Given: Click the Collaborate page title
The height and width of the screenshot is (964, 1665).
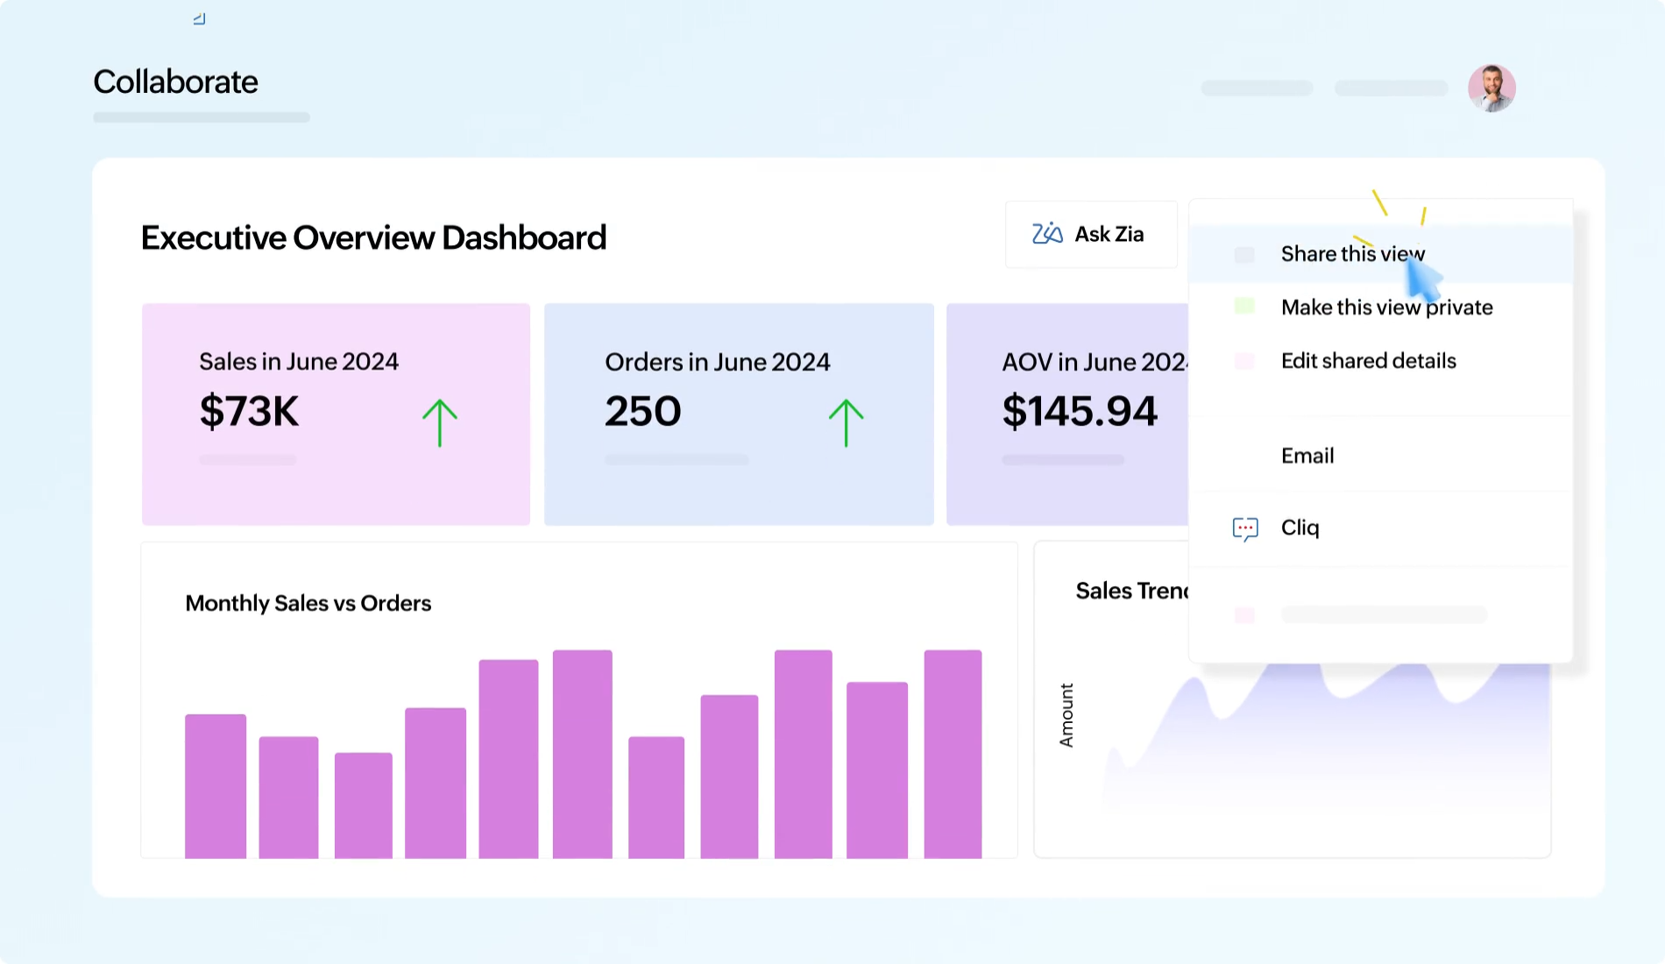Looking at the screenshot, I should pos(175,82).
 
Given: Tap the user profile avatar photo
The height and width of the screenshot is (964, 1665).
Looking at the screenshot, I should pos(1491,88).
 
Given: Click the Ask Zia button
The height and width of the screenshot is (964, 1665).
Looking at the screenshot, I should pos(1090,234).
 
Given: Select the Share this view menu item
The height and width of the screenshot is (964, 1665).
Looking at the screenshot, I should pos(1351,254).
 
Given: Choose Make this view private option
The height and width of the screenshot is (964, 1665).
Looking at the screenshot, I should pos(1385,308).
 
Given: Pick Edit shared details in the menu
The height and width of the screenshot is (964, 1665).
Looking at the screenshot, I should pos(1367,361).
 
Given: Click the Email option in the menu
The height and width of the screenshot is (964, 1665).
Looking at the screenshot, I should pos(1307,456).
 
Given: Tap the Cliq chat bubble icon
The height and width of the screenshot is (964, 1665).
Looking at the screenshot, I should pos(1244,528).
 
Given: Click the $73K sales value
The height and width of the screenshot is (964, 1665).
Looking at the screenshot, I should pos(249,411).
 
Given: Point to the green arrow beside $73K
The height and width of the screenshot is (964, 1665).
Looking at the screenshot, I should pos(439,422).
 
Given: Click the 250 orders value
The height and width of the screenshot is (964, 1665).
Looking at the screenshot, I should pos(642,411).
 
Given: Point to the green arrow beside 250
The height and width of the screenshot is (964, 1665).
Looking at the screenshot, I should pos(846,422).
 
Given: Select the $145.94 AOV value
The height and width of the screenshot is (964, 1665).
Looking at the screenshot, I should pos(1079,411).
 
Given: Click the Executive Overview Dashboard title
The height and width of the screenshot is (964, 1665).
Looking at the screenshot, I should pos(373,237).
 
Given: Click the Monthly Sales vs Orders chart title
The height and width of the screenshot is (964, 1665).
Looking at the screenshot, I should pos(308,603).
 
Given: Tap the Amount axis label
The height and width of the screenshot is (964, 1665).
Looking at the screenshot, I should pos(1066,715).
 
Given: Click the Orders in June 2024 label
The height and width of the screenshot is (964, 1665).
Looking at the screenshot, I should pos(717,362).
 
